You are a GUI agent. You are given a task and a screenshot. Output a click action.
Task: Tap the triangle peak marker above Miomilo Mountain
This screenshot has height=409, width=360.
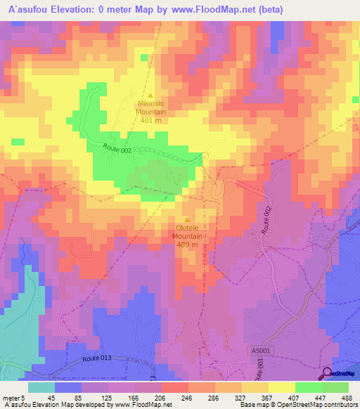[x=150, y=96]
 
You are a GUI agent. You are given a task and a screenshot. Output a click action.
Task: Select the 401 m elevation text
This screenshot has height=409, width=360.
[x=150, y=119]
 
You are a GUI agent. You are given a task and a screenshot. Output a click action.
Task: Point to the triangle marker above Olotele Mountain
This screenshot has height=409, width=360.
[x=187, y=219]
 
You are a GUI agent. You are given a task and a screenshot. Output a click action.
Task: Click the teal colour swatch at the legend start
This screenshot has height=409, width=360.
[x=41, y=387]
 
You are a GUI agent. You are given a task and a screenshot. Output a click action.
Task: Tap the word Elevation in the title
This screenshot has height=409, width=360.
[x=75, y=9]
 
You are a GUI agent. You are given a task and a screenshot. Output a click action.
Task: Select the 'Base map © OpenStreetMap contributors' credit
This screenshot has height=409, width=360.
[x=297, y=405]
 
